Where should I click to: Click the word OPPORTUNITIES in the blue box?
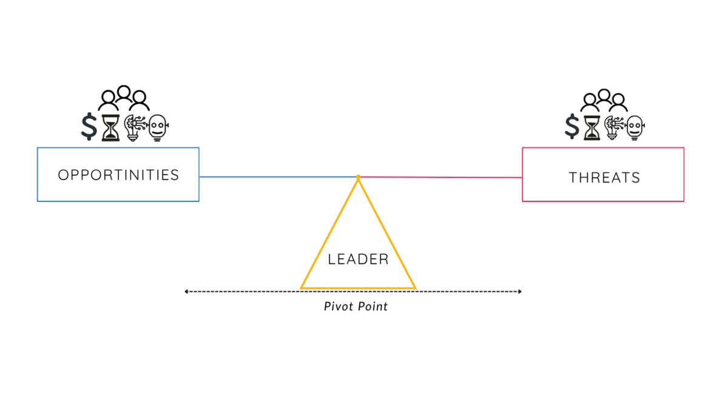coord(118,175)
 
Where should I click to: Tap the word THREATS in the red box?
coord(604,178)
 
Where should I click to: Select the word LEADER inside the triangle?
coord(358,259)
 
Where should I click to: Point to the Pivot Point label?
coord(356,306)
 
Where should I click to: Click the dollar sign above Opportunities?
coord(89,126)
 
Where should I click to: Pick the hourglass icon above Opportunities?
coord(111,127)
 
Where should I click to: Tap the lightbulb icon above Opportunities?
coord(135,127)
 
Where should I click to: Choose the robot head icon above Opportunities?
coord(158,127)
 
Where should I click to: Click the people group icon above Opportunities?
coord(124,98)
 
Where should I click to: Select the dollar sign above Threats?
coord(572,126)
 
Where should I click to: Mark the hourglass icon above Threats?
coord(592,127)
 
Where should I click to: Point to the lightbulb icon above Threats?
coord(614,127)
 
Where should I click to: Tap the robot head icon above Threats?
coord(635,127)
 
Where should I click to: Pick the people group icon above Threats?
coord(604,101)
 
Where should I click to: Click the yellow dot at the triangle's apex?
coord(358,177)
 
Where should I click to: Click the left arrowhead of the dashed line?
coord(186,291)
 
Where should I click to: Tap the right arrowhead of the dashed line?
coord(520,291)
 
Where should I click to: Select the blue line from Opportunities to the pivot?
coord(278,176)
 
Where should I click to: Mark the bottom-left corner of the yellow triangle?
coord(301,288)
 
